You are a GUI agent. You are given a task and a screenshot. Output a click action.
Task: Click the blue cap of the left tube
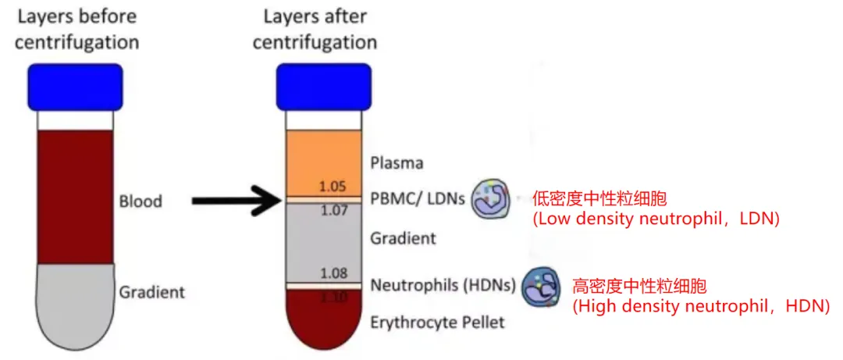pos(76,87)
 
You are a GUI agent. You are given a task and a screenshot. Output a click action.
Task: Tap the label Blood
pos(140,201)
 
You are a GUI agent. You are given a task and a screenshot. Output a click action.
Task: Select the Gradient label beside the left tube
pos(152,292)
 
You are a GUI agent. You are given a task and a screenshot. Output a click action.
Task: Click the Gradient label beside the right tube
pos(403,238)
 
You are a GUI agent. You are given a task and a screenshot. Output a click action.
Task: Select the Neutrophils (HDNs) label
pos(443,285)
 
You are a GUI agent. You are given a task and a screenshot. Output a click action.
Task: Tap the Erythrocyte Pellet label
pos(438,322)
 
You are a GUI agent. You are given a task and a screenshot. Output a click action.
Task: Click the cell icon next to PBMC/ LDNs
pos(490,201)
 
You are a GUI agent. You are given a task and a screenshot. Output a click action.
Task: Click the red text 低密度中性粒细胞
pos(600,198)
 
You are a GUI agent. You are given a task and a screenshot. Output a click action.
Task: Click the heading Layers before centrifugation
pos(76,29)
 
